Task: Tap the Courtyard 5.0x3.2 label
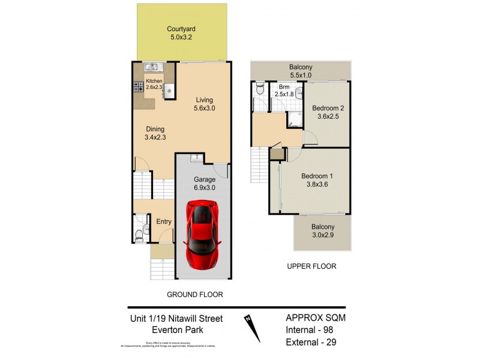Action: pos(181,33)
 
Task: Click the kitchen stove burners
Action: pos(139,86)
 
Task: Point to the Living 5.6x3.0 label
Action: pos(203,104)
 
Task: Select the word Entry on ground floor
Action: pos(163,221)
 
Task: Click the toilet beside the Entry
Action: pos(139,233)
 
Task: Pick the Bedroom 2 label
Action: pos(326,112)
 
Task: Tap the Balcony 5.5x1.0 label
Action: pos(301,71)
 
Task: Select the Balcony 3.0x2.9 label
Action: pos(322,231)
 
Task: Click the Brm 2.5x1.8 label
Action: pos(284,91)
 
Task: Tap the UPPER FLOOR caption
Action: pos(311,266)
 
